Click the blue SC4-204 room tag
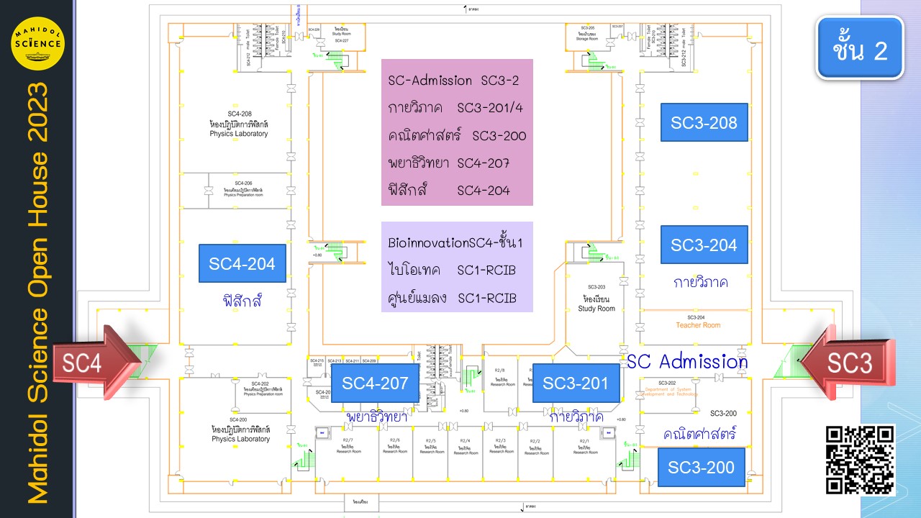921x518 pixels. (242, 263)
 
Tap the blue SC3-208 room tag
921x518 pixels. (704, 122)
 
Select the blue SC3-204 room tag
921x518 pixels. (704, 245)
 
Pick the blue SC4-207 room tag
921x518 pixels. (375, 383)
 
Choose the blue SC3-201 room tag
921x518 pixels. (576, 383)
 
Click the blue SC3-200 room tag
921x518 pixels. (701, 467)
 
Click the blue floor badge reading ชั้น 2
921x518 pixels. (860, 48)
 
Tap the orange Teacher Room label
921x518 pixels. (697, 325)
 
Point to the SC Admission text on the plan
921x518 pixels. (686, 361)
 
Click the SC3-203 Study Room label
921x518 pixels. (596, 298)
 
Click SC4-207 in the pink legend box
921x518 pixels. (484, 163)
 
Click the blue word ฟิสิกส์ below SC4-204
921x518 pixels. (242, 301)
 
